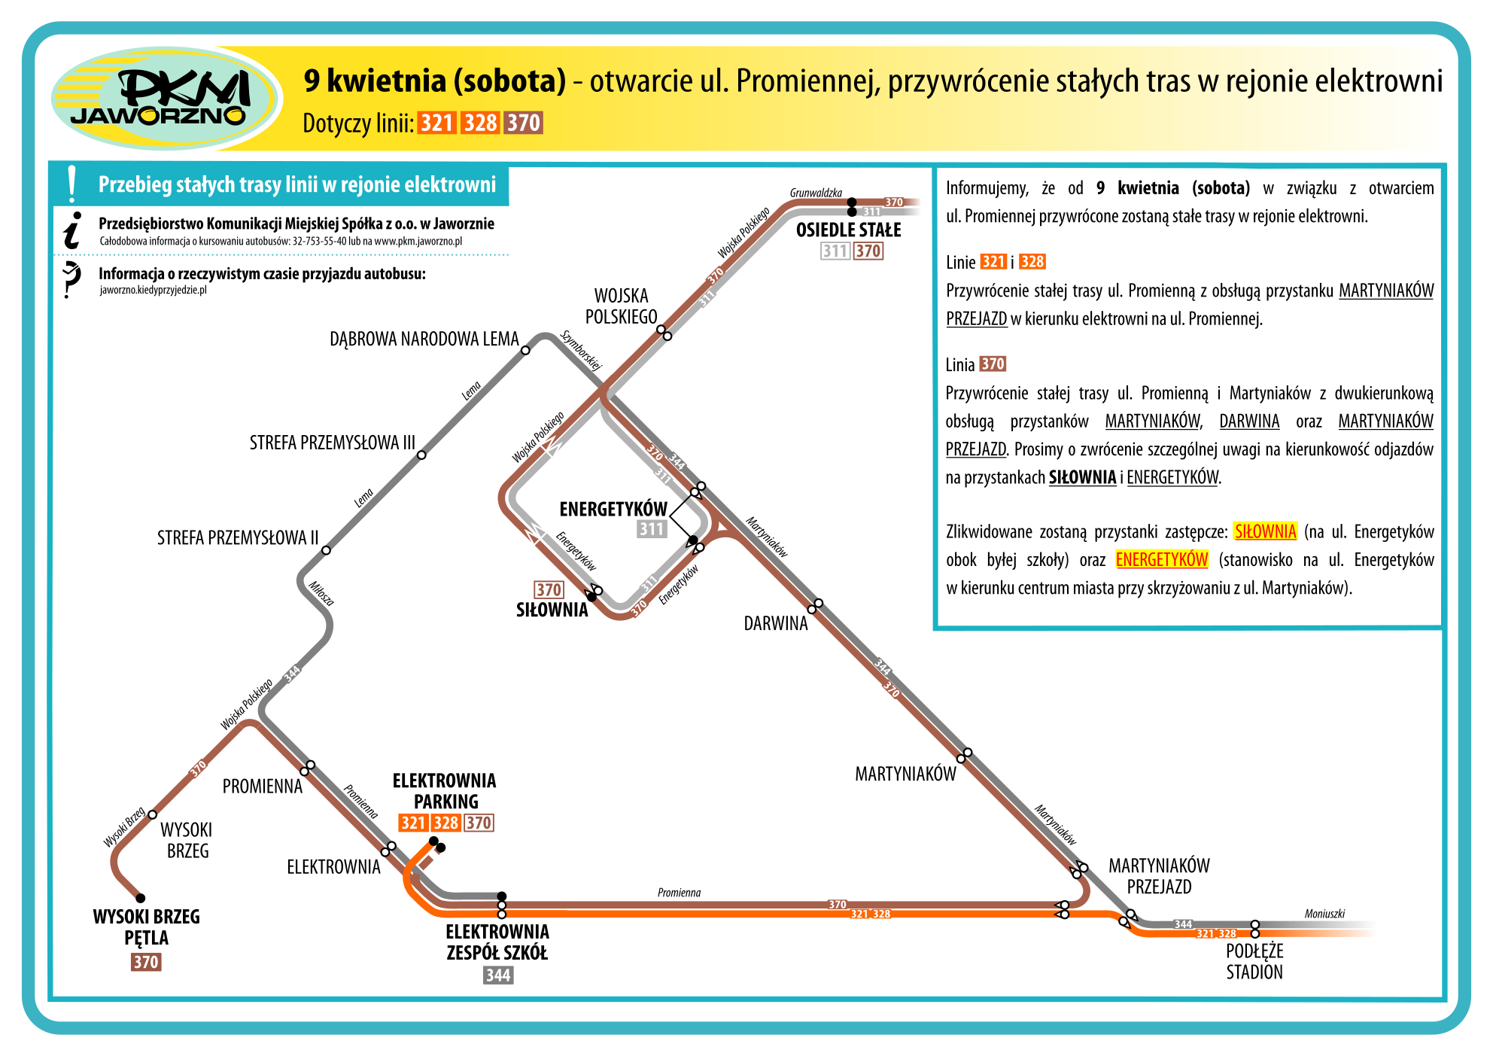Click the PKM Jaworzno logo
coord(166,98)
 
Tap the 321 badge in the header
coord(436,123)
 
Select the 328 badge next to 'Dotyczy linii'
coord(480,123)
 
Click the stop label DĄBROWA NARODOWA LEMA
coord(424,339)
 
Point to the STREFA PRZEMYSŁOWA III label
coord(332,443)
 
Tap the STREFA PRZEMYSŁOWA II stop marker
coord(326,550)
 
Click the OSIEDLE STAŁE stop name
coord(848,230)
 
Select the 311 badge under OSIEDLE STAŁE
coord(835,251)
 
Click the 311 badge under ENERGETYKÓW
coord(651,529)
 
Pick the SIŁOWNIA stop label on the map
coord(552,610)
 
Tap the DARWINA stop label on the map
coord(775,623)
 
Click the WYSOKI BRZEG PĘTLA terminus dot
coord(140,898)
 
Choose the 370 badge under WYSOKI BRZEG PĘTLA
coord(146,962)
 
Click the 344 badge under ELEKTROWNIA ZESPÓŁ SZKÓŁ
coord(498,975)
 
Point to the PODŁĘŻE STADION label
coord(1254,961)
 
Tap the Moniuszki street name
coord(1324,914)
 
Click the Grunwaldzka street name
coord(816,193)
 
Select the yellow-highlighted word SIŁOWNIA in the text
coord(1266,531)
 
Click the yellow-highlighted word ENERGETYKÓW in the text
coord(1162,559)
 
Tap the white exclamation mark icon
coord(72,184)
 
